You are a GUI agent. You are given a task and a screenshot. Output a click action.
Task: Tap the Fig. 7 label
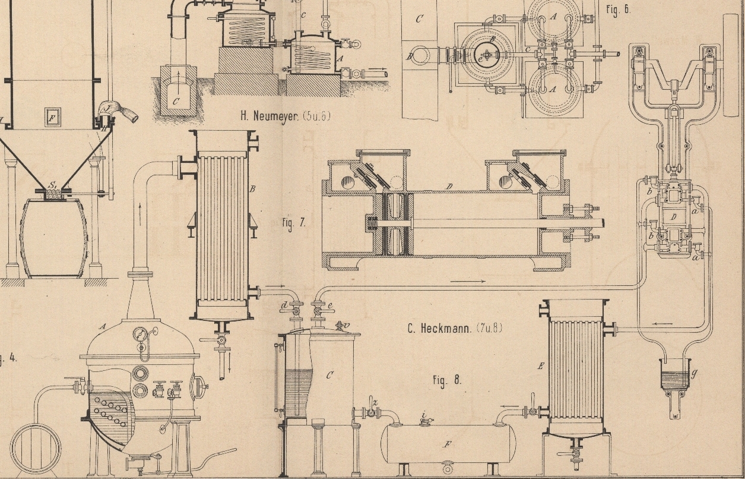pos(294,223)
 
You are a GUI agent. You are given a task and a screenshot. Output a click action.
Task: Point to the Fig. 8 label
pos(447,380)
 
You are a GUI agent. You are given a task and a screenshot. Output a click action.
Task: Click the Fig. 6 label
pos(618,10)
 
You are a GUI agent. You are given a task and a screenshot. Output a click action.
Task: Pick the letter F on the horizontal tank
pos(448,444)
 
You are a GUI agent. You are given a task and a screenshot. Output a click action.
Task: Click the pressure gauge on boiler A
pos(141,334)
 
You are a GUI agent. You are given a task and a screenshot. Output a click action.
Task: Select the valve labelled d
pos(294,308)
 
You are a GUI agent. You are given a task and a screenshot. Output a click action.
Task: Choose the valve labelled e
pos(319,308)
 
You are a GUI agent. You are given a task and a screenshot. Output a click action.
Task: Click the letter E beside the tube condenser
pos(540,367)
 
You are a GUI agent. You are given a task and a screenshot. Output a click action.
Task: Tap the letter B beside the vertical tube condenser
pos(252,190)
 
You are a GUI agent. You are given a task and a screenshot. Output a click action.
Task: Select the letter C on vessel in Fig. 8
pos(329,375)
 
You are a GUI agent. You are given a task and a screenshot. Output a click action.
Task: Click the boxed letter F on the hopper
pos(52,118)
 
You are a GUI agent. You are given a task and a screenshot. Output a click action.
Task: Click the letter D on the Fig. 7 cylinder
pos(449,187)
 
